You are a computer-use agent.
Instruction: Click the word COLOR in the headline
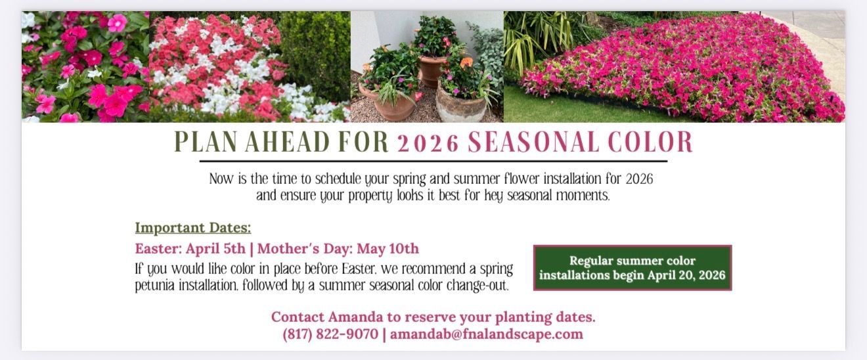650,143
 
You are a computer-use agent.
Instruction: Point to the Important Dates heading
193,228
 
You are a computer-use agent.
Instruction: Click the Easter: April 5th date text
190,249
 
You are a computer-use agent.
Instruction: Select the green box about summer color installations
632,267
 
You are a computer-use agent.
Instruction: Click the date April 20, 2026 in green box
686,275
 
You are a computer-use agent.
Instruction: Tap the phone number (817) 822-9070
330,334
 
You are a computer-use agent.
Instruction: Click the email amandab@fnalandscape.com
487,334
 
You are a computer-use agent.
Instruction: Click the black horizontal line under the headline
433,160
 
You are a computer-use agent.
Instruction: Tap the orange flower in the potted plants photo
466,62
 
